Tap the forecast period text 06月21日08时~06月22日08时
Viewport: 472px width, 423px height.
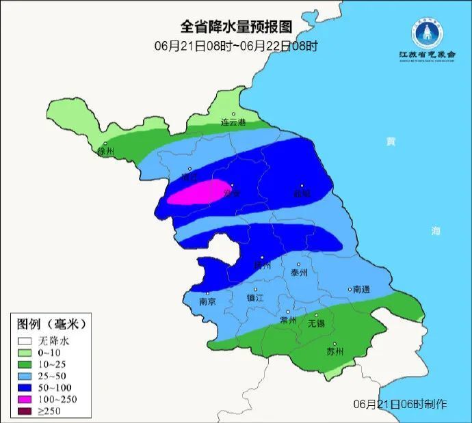pyautogui.click(x=236, y=46)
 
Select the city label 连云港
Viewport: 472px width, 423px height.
pyautogui.click(x=233, y=123)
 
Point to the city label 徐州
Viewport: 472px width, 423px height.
pyautogui.click(x=106, y=151)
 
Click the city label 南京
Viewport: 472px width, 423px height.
pyautogui.click(x=207, y=301)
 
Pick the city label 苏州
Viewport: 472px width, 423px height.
pyautogui.click(x=335, y=353)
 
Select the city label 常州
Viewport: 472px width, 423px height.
pyautogui.click(x=289, y=320)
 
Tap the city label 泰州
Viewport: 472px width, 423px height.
pyautogui.click(x=299, y=272)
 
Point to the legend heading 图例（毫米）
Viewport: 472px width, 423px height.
pyautogui.click(x=52, y=323)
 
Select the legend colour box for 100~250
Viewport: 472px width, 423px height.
pyautogui.click(x=26, y=398)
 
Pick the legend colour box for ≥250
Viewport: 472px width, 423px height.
pyautogui.click(x=26, y=411)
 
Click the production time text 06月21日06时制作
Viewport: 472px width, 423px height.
pyautogui.click(x=400, y=404)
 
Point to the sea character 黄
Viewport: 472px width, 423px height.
pyautogui.click(x=391, y=141)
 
